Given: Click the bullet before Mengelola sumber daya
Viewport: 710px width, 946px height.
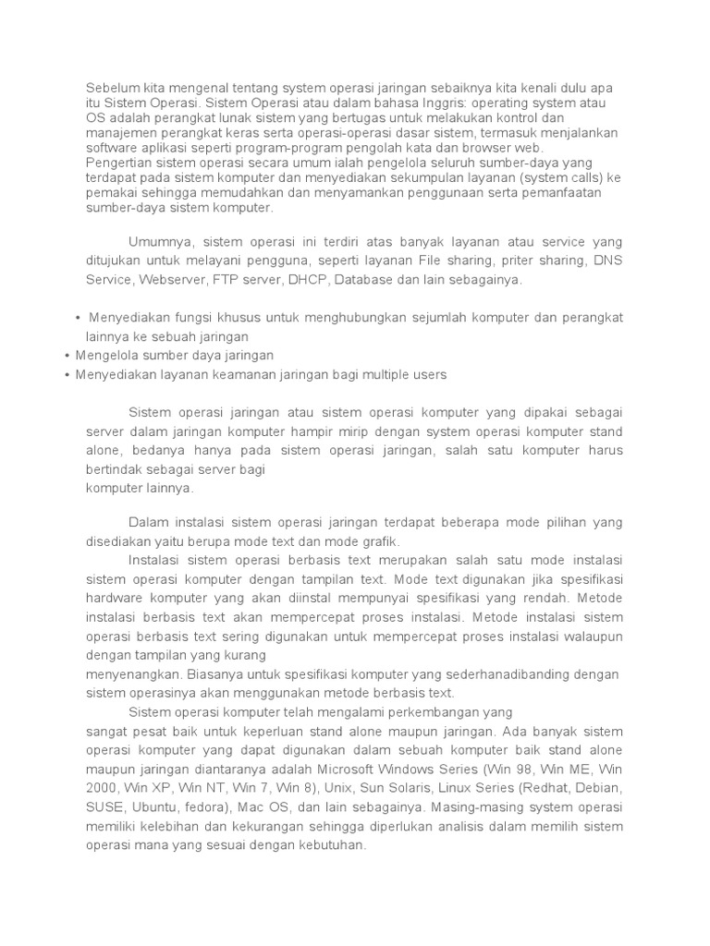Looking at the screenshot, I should point(68,356).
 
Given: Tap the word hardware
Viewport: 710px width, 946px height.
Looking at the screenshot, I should point(113,599).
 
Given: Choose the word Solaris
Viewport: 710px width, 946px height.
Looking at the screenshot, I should point(399,789).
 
